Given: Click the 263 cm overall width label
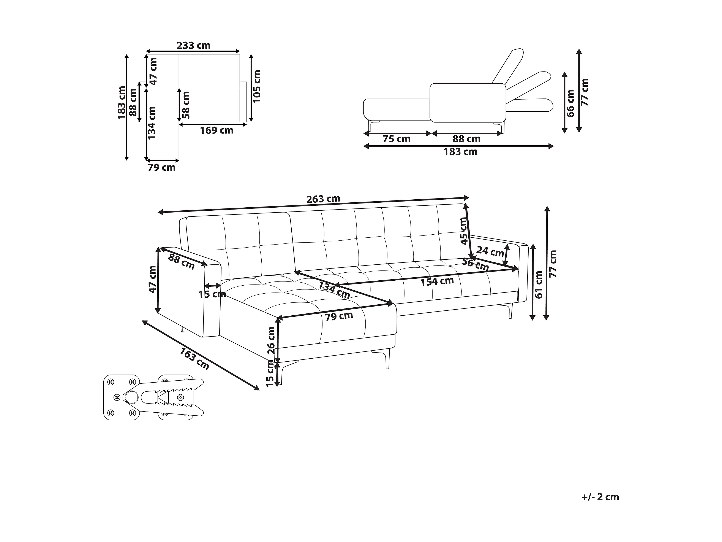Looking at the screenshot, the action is tap(323, 199).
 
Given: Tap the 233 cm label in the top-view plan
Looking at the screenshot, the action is tap(194, 45).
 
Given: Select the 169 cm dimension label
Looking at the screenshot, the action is tap(217, 131).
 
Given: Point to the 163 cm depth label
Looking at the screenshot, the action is tap(194, 358).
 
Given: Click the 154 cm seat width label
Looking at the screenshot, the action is tap(437, 281).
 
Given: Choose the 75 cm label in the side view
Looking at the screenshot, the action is tap(396, 139).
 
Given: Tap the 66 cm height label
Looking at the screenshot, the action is tap(570, 103).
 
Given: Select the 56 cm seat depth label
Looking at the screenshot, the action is tap(475, 264).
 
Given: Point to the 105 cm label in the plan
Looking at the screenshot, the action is tap(257, 86).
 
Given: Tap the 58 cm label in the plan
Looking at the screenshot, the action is tap(186, 105).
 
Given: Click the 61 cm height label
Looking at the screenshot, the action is tap(539, 285).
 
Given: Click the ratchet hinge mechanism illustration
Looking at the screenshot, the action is tap(154, 397).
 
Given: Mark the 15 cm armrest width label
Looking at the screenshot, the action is tap(212, 294).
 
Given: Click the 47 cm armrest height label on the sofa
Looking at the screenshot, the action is tap(152, 279).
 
